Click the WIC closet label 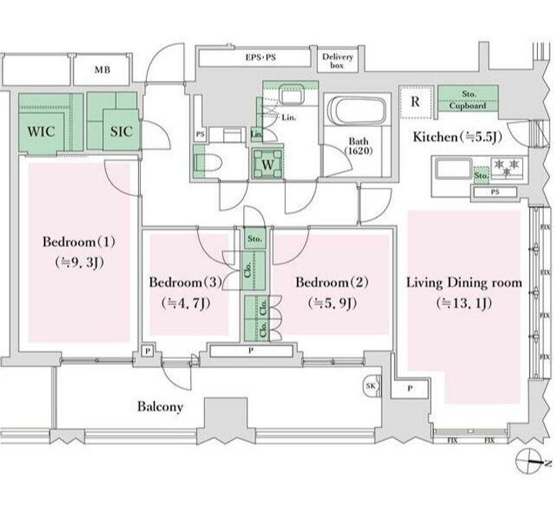[x=41, y=132]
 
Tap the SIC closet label [x=121, y=132]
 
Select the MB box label [x=102, y=70]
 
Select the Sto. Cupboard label [x=469, y=99]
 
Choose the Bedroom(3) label [x=185, y=283]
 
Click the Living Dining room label [x=463, y=283]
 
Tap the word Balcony [x=160, y=406]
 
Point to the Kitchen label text [x=435, y=138]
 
